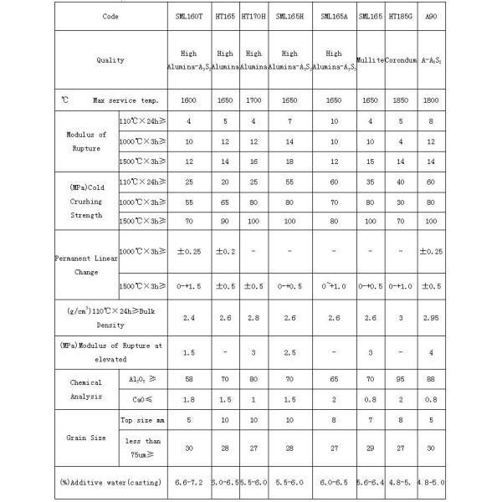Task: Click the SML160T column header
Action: (188, 17)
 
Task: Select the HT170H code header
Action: (254, 17)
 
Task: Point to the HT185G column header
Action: (401, 17)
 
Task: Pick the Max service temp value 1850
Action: (401, 100)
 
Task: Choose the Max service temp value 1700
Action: (254, 100)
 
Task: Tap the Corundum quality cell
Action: (401, 60)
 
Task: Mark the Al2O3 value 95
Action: (401, 379)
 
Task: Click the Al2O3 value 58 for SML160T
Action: (188, 379)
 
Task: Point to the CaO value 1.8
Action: (188, 398)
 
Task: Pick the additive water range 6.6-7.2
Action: (188, 484)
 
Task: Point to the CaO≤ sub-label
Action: (141, 398)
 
